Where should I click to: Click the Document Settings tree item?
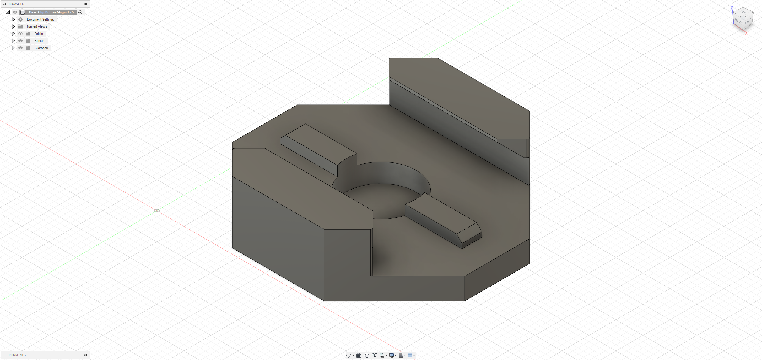40,19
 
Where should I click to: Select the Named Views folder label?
37,26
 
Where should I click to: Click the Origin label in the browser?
38,34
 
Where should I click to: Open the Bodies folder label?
39,41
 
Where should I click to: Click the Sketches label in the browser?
41,48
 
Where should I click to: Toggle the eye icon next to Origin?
21,34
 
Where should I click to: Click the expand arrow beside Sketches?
13,48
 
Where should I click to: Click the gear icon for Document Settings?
21,19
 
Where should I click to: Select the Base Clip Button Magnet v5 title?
51,12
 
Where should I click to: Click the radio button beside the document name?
80,12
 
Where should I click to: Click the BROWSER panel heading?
16,4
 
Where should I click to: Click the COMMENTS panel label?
17,355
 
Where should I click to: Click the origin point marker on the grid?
157,211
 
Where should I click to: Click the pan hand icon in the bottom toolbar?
366,355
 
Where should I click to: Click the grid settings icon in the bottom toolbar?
401,355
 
